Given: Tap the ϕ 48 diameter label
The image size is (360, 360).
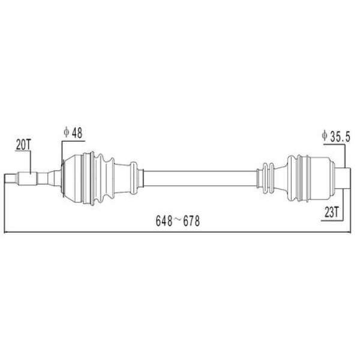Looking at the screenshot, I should click(73, 133).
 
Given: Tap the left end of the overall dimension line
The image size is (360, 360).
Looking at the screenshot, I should click(5, 232).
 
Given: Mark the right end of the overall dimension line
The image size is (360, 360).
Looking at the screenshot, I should click(349, 232).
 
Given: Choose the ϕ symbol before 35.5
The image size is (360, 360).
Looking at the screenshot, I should click(324, 136).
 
